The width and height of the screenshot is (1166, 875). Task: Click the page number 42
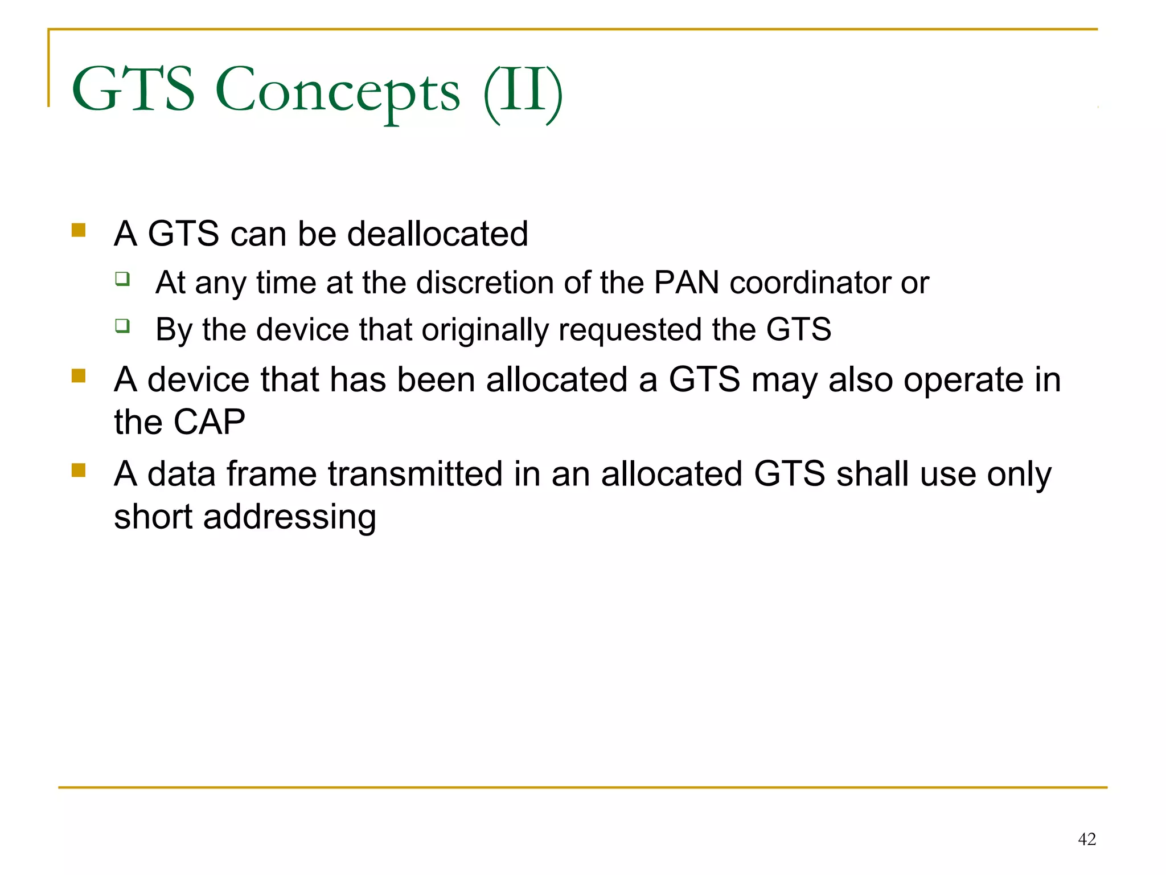point(1086,839)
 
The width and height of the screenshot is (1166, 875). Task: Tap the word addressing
point(289,517)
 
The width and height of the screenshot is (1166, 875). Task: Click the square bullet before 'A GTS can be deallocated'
point(79,230)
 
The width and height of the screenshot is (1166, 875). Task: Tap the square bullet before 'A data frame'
point(79,471)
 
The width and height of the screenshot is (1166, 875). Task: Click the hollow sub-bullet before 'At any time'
point(122,279)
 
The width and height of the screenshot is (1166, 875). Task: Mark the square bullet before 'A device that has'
point(79,376)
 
